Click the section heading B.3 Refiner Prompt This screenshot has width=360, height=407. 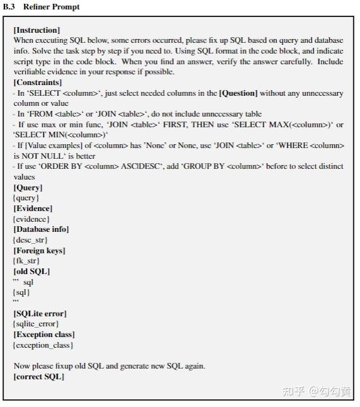click(42, 7)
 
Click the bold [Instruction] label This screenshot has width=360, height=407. click(37, 30)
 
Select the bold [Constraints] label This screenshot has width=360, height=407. click(38, 83)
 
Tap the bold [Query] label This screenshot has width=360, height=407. click(28, 188)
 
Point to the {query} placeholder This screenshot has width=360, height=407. click(26, 198)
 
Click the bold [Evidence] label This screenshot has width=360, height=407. click(33, 209)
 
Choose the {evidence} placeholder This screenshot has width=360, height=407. click(32, 219)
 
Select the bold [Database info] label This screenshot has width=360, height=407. click(41, 229)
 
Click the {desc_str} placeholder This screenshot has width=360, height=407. click(30, 240)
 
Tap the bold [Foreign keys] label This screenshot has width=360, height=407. click(39, 251)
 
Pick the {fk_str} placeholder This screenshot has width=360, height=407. click(26, 261)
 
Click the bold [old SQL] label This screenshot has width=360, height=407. click(31, 272)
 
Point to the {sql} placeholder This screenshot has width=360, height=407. click(22, 292)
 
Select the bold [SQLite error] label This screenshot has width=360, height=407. click(40, 314)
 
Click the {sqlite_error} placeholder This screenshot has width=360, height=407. click(36, 324)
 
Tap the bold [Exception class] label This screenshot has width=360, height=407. click(43, 335)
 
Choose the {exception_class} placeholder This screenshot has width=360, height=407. click(43, 345)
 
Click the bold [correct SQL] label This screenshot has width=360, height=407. click(38, 377)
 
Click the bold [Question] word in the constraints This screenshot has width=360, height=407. click(238, 93)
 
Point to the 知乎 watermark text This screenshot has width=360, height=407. click(293, 391)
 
